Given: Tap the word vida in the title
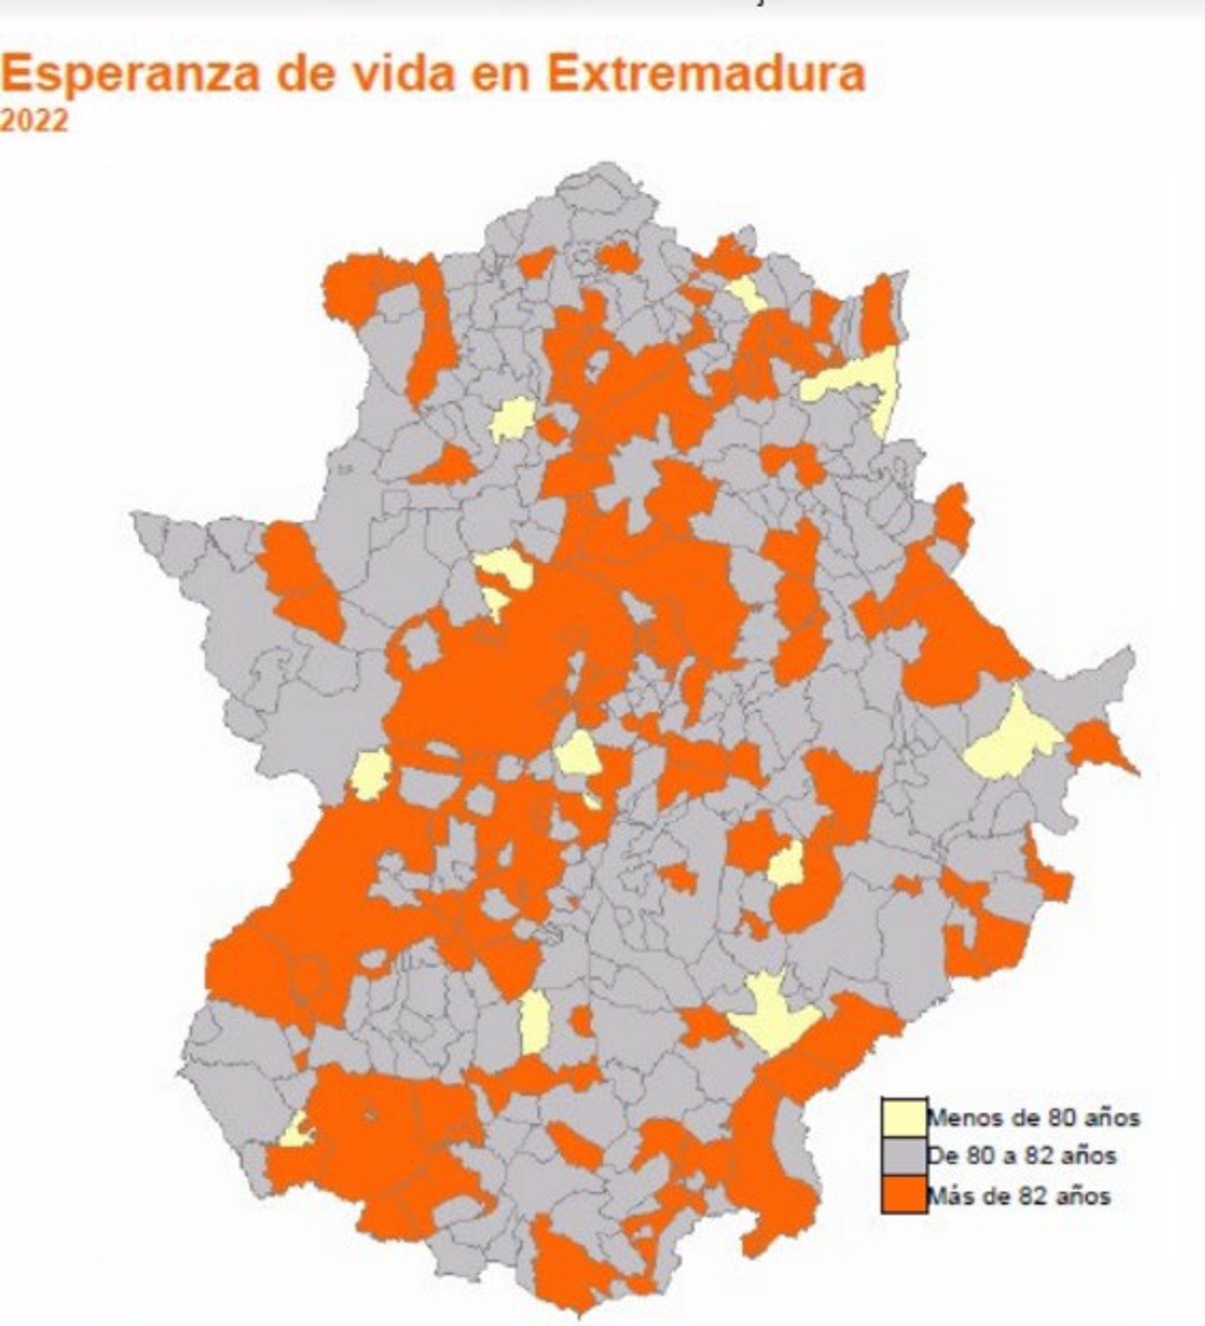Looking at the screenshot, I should (402, 74).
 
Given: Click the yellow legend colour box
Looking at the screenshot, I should (904, 1115).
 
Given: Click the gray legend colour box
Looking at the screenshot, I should (904, 1155).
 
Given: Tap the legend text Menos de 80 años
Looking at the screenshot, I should (1032, 1117).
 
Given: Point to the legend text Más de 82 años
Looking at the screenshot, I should (1018, 1195).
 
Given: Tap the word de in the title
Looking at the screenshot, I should (306, 74).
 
